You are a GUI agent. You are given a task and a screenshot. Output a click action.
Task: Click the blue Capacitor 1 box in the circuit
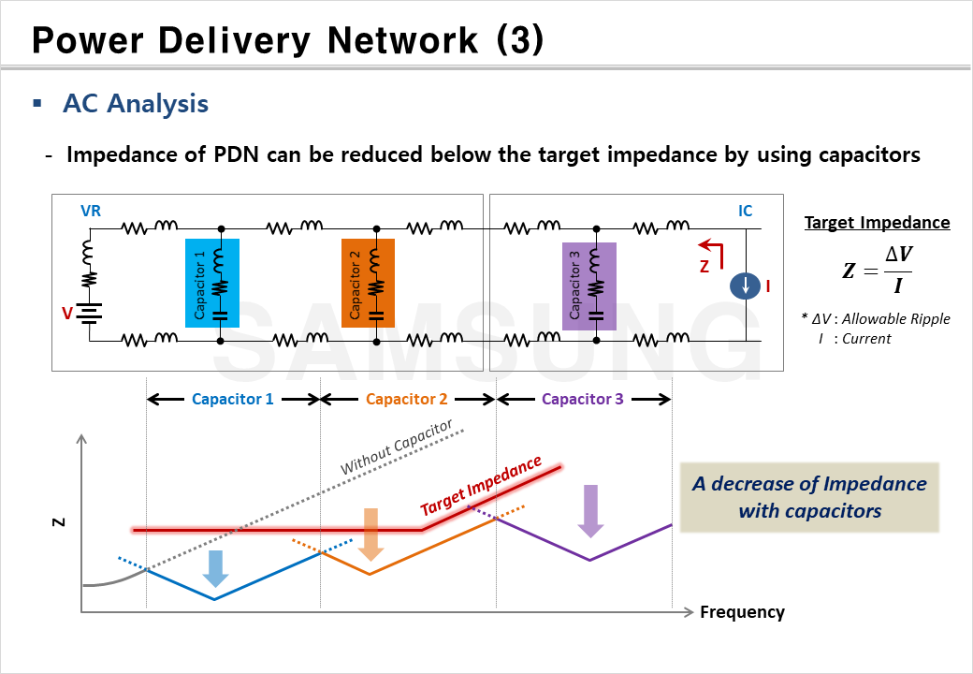tap(212, 282)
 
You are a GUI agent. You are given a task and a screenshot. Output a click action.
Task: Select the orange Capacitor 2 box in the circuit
tap(368, 282)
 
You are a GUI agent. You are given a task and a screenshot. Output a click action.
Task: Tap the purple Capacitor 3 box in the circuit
tap(588, 286)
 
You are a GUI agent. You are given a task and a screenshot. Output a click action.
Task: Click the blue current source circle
tap(745, 285)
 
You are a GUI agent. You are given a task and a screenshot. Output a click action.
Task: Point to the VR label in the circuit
tap(91, 212)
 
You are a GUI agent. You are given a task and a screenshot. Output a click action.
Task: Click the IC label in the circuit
tap(745, 212)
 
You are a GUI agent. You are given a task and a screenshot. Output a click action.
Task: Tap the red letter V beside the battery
tap(66, 314)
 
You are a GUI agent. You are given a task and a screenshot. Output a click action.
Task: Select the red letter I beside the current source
tap(767, 286)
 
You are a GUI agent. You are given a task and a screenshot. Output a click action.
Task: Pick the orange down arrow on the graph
tap(371, 533)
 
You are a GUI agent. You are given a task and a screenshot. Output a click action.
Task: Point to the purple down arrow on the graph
tap(589, 510)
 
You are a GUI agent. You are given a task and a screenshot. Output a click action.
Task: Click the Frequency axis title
tap(742, 612)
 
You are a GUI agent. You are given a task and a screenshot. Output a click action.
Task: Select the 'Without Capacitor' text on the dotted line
tap(396, 447)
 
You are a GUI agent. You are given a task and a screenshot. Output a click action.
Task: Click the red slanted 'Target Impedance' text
tap(481, 486)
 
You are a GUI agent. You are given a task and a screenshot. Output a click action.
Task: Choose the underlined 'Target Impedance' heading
tap(877, 223)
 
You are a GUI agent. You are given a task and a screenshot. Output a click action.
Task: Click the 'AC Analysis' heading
tap(136, 104)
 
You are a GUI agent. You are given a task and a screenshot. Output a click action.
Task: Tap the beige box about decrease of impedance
tap(809, 497)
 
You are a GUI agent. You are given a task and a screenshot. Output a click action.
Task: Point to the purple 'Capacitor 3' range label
tap(582, 399)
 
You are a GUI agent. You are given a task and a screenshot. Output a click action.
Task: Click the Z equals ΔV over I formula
tap(877, 271)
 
